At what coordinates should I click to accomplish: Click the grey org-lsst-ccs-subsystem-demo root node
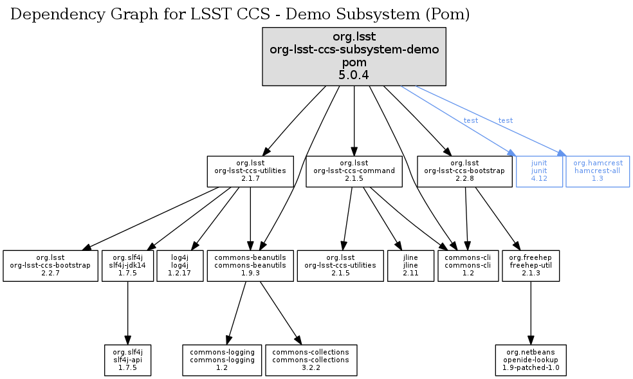point(354,57)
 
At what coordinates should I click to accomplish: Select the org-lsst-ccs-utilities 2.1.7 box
point(250,171)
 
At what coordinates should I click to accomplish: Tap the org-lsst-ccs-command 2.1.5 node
point(354,171)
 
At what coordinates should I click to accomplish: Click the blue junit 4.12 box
point(539,171)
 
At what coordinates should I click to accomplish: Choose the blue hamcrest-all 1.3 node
point(597,171)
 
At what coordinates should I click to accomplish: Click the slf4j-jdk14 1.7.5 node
point(127,265)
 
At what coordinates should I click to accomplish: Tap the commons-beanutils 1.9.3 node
point(250,265)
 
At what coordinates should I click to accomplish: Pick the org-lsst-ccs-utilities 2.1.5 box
point(340,265)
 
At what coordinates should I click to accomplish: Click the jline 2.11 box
point(410,265)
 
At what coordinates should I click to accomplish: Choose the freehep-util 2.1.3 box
point(530,265)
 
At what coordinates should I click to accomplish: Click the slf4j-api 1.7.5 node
point(127,360)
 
